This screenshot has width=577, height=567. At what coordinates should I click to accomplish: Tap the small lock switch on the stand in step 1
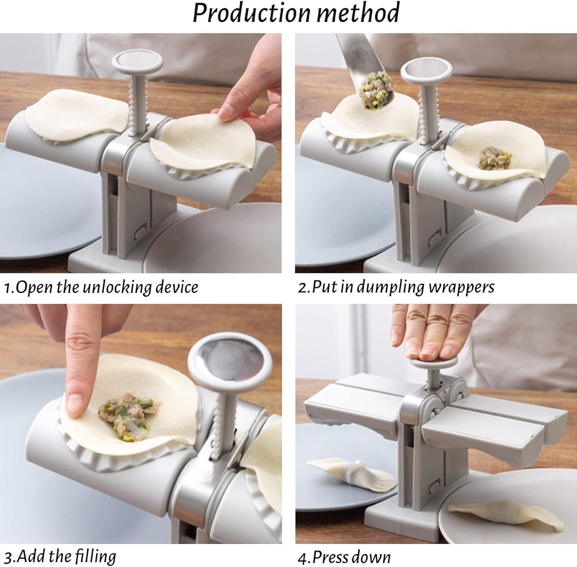pos(140,232)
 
